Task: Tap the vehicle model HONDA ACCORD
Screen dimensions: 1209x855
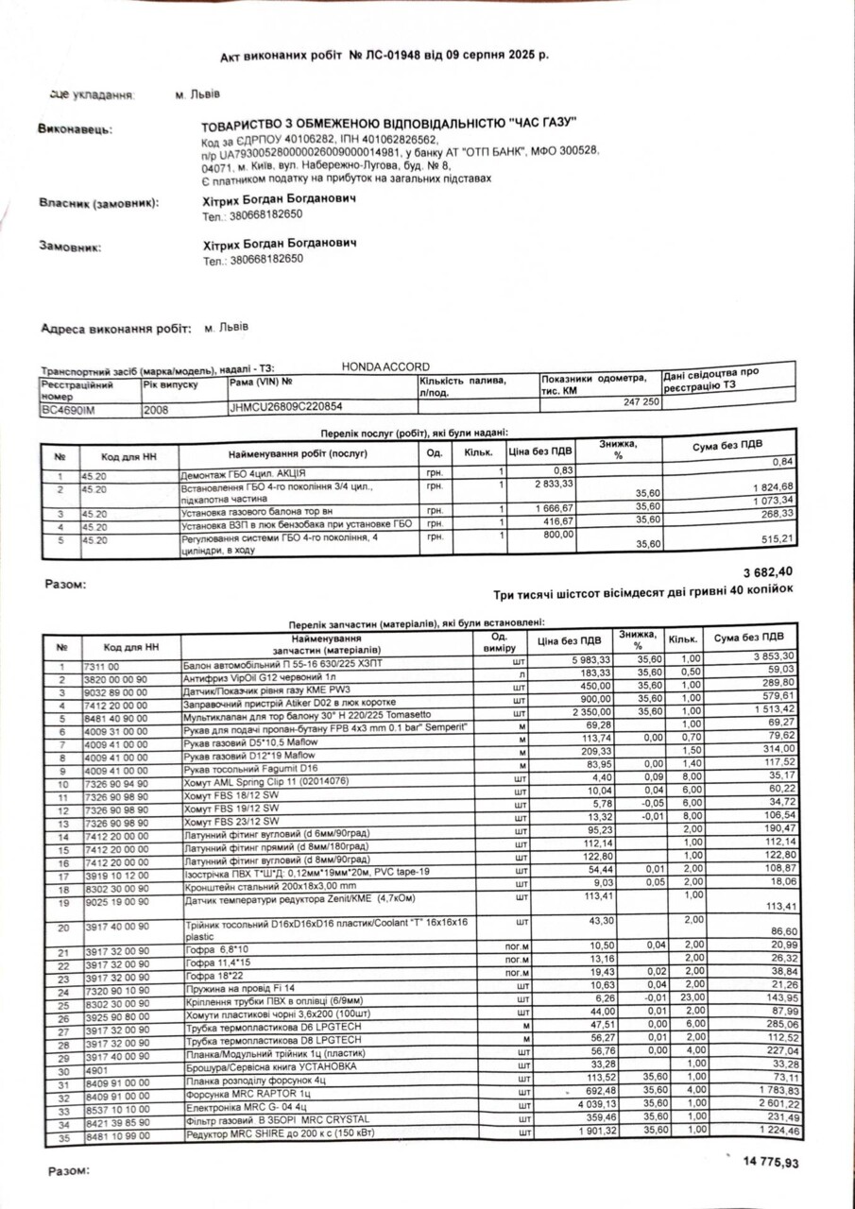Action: click(385, 366)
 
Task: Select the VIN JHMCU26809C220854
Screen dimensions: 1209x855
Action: click(286, 407)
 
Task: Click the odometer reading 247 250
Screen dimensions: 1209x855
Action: click(637, 401)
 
